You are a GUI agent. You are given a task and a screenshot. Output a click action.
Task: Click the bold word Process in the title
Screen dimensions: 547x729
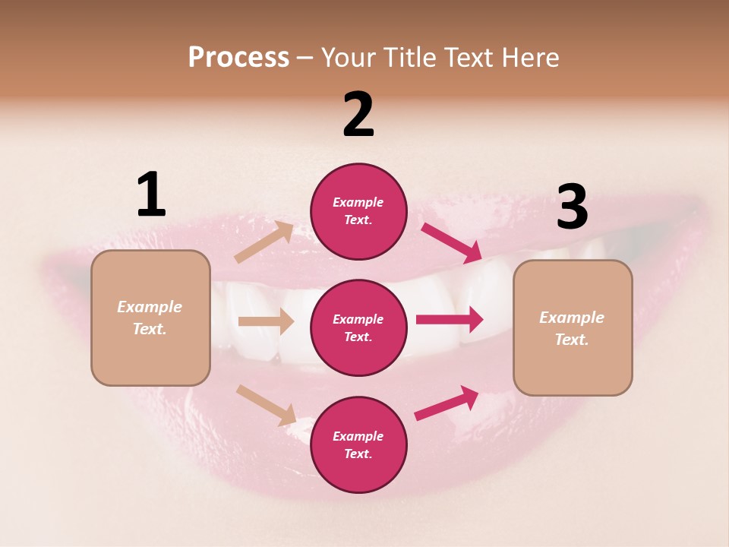click(x=238, y=57)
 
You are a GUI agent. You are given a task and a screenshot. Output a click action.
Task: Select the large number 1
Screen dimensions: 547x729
click(x=151, y=194)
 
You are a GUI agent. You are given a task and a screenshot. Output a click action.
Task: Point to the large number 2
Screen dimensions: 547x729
click(x=358, y=115)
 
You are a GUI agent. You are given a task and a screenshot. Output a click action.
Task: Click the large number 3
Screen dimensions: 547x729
click(x=572, y=207)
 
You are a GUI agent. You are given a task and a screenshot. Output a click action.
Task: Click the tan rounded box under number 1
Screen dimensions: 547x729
click(x=150, y=318)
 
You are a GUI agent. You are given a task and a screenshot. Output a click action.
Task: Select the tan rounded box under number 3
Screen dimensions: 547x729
click(x=573, y=327)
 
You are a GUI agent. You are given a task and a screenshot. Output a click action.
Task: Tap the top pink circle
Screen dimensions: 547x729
click(x=358, y=211)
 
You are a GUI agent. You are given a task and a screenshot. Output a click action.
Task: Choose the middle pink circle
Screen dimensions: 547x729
click(x=358, y=327)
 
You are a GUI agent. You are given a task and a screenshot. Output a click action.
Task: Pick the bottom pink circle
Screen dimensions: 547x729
click(x=358, y=444)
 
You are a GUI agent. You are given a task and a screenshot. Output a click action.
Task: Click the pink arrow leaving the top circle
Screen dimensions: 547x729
click(x=452, y=243)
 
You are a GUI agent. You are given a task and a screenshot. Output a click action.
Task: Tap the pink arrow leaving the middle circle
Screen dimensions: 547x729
click(x=450, y=320)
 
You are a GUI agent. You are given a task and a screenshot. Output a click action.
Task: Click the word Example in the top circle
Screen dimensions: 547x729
click(x=358, y=203)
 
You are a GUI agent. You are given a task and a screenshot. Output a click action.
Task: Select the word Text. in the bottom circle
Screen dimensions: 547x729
click(x=358, y=454)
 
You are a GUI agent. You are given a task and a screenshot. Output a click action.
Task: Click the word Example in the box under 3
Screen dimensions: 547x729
click(x=572, y=318)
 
